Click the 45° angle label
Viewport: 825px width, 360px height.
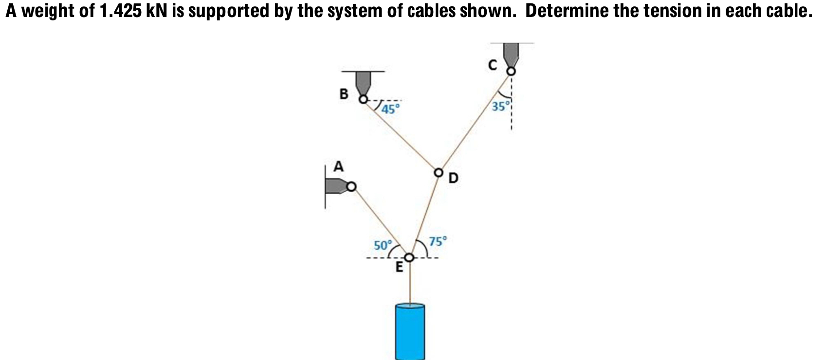[x=390, y=108]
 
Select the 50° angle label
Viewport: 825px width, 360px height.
[x=382, y=245]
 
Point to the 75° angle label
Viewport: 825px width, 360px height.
[x=438, y=241]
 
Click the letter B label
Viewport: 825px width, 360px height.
[x=344, y=94]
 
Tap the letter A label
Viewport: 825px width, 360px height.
[x=338, y=167]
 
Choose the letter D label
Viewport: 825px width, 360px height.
[x=453, y=179]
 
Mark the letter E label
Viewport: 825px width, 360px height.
[x=399, y=267]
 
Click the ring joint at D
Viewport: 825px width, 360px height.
[x=439, y=172]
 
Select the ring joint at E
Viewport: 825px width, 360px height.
[x=410, y=257]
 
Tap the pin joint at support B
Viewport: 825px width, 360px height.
[x=363, y=100]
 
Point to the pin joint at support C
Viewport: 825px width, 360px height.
[x=511, y=72]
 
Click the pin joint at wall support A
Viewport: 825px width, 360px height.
[x=351, y=186]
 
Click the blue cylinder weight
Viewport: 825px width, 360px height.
[x=410, y=332]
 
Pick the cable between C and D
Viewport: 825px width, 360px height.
[x=475, y=122]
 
